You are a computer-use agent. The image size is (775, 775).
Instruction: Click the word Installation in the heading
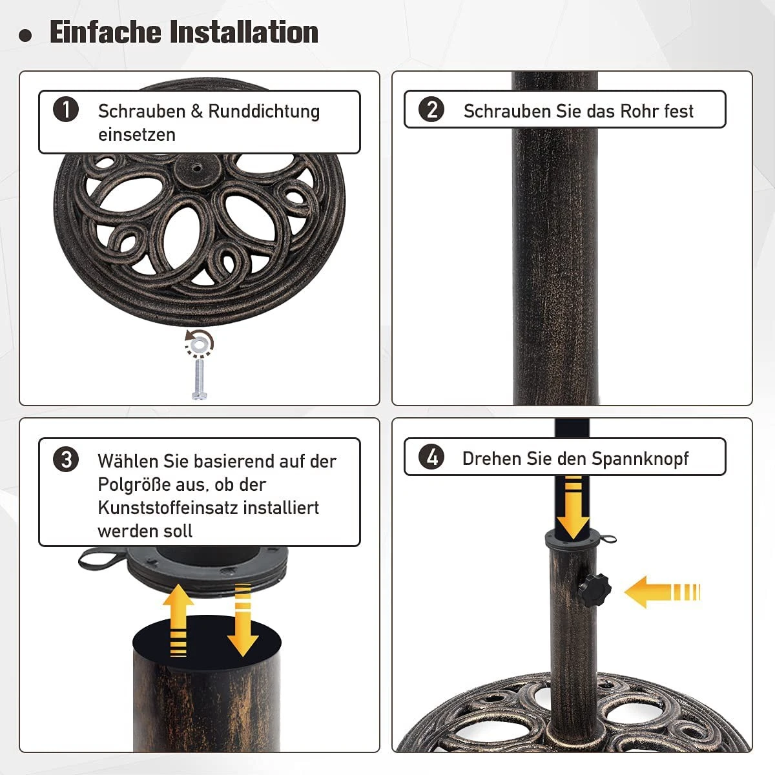(243, 32)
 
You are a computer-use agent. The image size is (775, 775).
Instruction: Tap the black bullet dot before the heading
(25, 36)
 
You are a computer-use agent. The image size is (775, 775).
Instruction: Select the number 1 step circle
(66, 109)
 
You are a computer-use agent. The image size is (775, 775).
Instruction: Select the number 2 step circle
(431, 109)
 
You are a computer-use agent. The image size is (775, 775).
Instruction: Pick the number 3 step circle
(66, 459)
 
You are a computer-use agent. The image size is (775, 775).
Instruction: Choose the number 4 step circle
(431, 457)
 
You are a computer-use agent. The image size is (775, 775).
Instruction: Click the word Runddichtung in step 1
(264, 111)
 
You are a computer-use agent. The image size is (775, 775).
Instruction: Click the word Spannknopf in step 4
(640, 459)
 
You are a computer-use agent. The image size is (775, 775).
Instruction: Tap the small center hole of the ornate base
(197, 169)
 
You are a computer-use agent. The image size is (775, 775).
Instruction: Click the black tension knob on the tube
(594, 590)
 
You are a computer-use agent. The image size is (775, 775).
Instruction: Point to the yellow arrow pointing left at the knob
(662, 592)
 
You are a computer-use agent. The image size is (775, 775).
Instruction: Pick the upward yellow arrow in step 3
(178, 620)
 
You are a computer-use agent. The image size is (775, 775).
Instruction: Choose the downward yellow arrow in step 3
(243, 620)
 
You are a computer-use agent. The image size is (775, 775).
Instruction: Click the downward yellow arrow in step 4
(573, 508)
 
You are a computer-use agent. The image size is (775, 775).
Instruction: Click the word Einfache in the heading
(106, 32)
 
